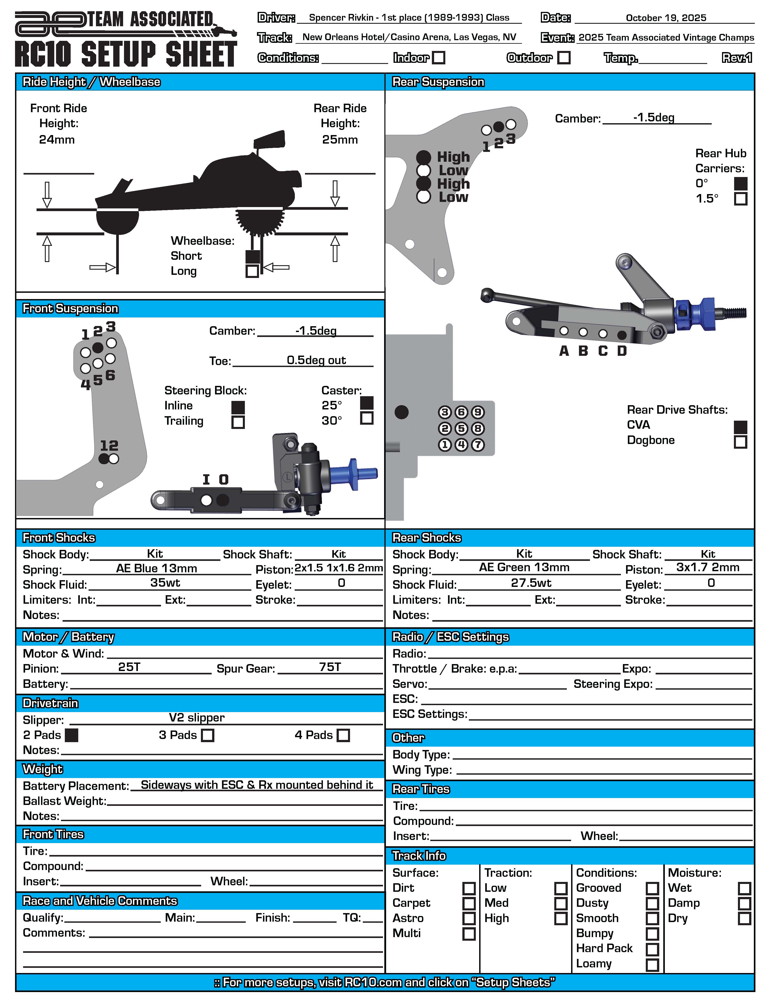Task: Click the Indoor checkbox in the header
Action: (439, 58)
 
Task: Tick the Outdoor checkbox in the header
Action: (564, 58)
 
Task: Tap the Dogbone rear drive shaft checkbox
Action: (740, 442)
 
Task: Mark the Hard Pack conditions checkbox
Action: (652, 949)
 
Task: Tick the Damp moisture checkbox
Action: (744, 903)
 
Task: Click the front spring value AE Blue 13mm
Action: (157, 568)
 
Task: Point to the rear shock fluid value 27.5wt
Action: (531, 583)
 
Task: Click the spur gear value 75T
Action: (330, 667)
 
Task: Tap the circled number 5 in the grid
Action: (461, 429)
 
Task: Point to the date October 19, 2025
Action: (666, 18)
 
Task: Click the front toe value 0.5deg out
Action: (316, 360)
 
